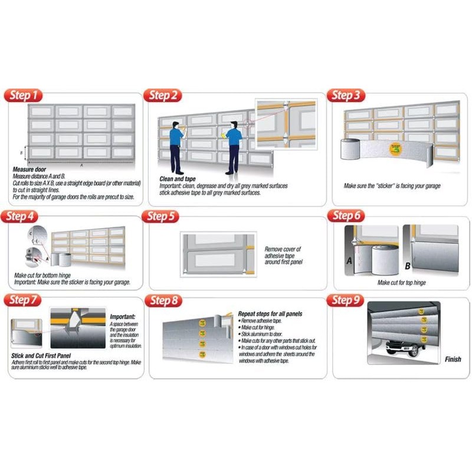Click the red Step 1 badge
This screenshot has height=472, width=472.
coord(24,96)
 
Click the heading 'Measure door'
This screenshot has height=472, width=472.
coord(29,169)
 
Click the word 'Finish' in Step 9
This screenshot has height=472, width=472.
coord(453,359)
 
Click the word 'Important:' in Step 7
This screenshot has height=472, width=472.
coord(123,317)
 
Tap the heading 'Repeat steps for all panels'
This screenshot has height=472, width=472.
coord(270,314)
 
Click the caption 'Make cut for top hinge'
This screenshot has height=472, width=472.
coord(401,283)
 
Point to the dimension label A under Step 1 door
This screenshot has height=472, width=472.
coord(82,165)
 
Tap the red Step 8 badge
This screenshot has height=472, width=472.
coord(163,301)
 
